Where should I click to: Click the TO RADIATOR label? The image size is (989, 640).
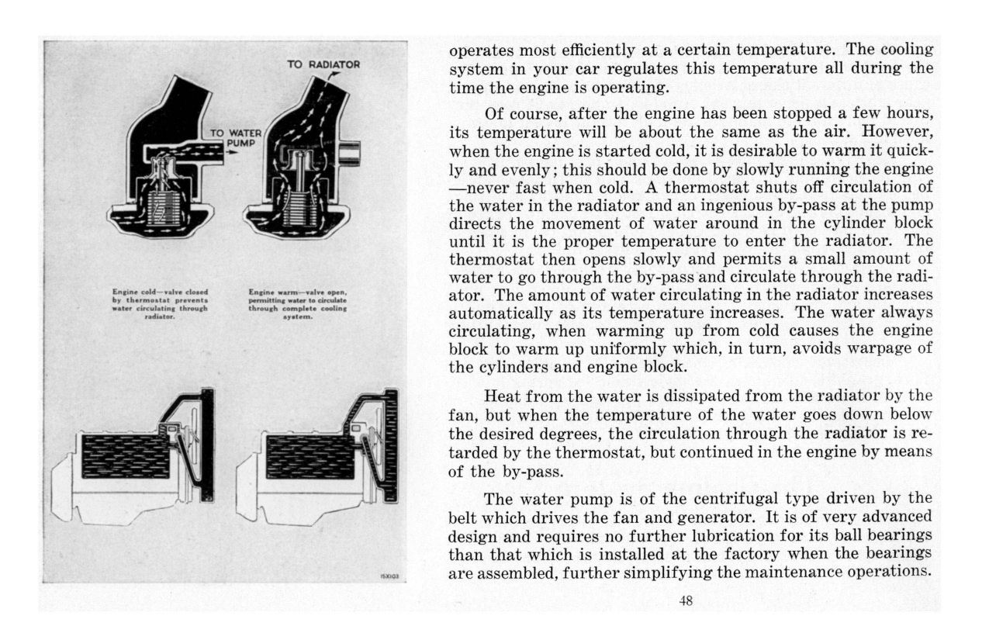[x=323, y=64]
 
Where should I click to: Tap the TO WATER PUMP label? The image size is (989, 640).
[x=237, y=138]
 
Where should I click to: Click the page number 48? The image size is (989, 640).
[x=686, y=600]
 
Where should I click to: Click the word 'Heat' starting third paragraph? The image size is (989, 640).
[x=503, y=396]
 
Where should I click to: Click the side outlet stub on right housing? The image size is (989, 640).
[x=350, y=152]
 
